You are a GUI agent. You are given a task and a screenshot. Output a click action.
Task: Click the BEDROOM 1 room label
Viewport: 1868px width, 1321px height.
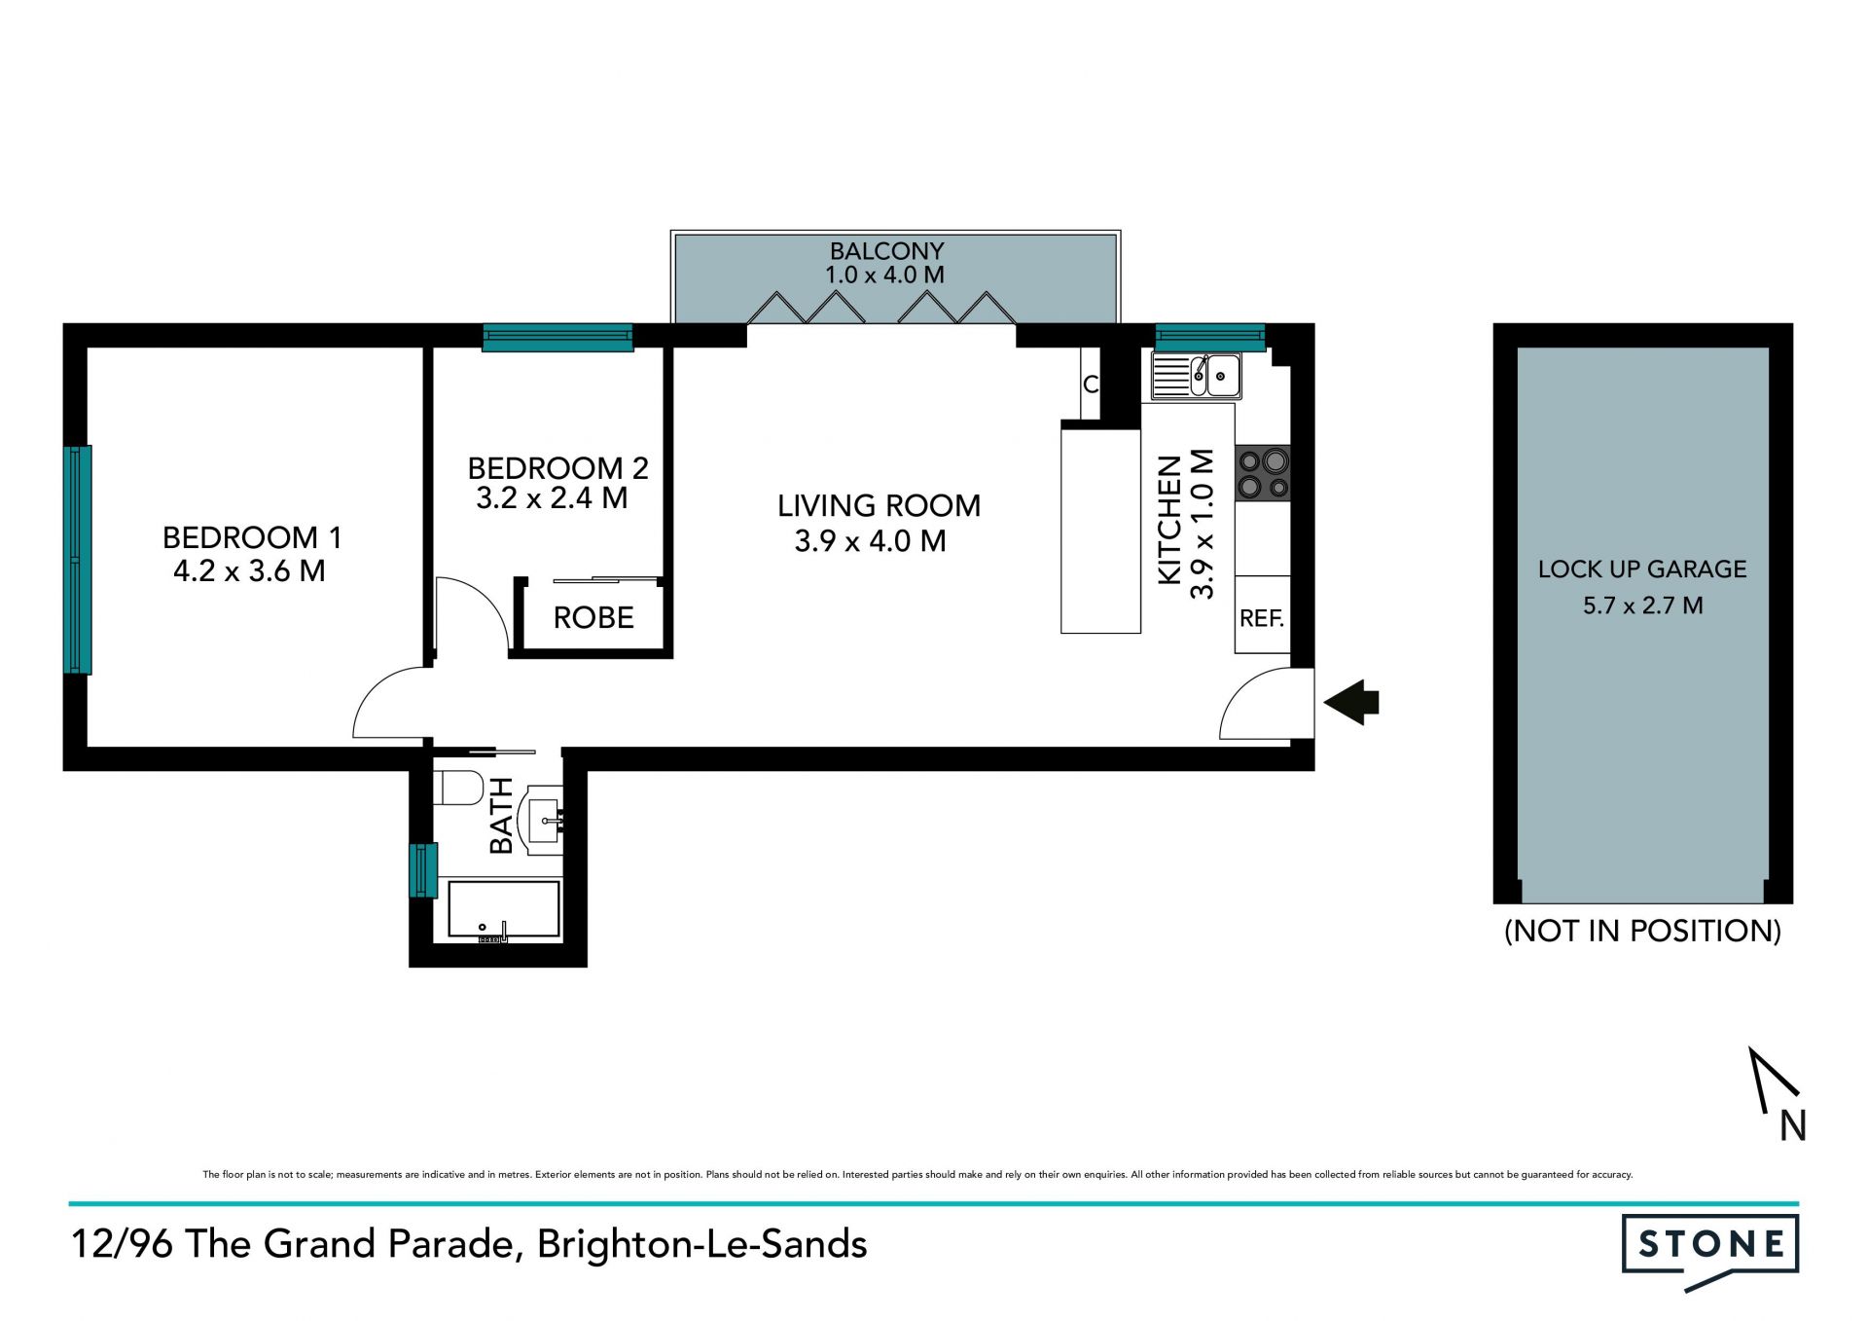tap(252, 537)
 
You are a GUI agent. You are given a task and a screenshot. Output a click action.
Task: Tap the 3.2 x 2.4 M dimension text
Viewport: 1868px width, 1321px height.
tap(552, 498)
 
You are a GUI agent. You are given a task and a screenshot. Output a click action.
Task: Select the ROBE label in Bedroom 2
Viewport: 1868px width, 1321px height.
tap(593, 617)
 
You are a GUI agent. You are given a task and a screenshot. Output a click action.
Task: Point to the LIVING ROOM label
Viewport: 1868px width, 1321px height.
tap(879, 506)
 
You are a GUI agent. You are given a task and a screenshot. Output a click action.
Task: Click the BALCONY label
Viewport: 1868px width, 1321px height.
tap(886, 251)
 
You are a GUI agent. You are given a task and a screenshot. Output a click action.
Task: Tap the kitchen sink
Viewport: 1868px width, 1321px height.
tap(1196, 376)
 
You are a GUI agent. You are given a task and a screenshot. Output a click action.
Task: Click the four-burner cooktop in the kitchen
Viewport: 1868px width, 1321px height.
tap(1263, 473)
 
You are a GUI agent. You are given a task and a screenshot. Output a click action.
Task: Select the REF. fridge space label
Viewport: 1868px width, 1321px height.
tap(1262, 618)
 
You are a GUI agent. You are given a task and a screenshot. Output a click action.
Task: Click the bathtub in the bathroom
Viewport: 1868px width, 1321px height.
tap(504, 909)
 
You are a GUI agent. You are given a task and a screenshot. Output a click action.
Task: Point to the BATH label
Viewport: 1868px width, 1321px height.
tap(500, 816)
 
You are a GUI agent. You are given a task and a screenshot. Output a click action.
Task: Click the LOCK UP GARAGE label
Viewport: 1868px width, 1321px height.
tap(1642, 569)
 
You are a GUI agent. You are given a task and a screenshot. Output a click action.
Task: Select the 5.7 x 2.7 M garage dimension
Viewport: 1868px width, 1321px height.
tap(1642, 605)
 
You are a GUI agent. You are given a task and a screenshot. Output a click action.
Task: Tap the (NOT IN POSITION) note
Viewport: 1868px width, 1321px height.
tap(1642, 931)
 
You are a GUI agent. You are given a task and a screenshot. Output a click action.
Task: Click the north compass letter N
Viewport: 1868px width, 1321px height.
tap(1793, 1126)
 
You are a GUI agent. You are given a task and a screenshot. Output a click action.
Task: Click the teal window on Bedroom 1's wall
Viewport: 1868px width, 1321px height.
tap(78, 560)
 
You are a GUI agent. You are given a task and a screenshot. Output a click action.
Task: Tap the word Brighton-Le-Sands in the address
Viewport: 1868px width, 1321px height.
tap(701, 1244)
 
